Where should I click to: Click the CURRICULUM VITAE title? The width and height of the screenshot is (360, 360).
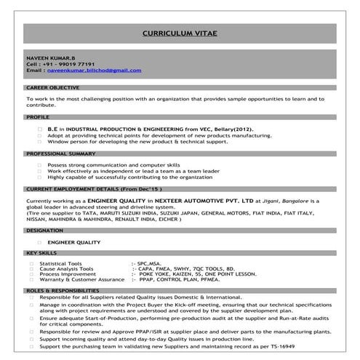pos(180,33)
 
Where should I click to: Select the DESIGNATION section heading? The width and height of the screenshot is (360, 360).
pos(44,229)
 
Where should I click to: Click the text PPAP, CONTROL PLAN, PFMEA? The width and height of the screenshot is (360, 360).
pos(172,279)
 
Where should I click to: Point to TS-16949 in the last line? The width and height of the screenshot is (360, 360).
pos(319,346)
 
